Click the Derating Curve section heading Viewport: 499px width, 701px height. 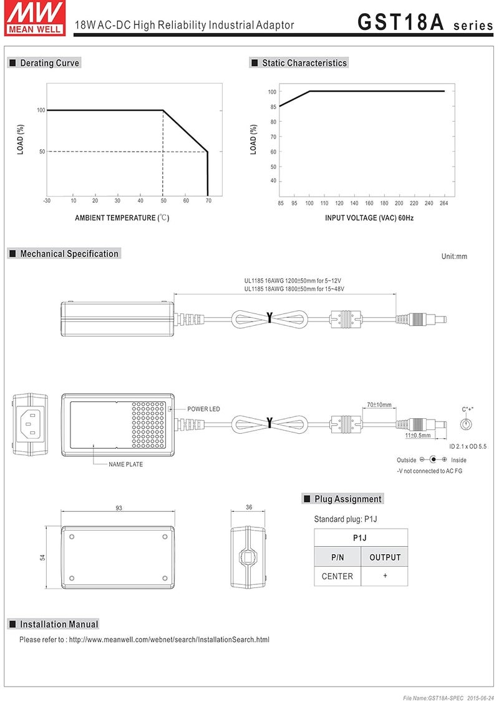click(49, 63)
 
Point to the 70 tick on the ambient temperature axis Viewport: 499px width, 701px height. click(208, 200)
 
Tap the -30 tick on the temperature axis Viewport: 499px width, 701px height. click(47, 200)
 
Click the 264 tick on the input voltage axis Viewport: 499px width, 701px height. click(443, 203)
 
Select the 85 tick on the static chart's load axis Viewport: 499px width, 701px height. click(273, 107)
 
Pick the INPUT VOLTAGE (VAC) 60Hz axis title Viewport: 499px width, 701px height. click(369, 218)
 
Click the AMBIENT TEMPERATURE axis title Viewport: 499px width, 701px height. click(122, 218)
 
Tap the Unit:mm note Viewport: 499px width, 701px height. click(454, 256)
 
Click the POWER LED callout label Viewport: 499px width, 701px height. click(203, 409)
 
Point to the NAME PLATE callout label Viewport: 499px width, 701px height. click(125, 464)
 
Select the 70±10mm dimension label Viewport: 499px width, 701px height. click(379, 405)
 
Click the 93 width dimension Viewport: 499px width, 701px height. click(119, 508)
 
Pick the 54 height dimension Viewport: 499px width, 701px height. click(43, 557)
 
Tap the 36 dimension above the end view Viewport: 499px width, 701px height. click(249, 507)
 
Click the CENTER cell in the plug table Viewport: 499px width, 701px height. click(337, 576)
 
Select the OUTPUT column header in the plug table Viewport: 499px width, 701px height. click(385, 557)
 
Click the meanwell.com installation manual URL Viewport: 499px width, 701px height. click(169, 640)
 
